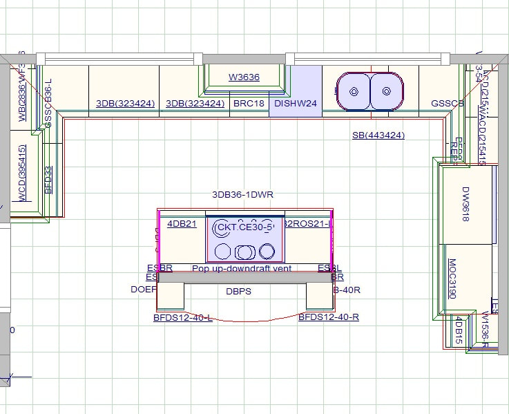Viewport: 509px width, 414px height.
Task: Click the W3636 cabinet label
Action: click(x=244, y=77)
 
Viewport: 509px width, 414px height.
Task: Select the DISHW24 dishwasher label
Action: click(x=295, y=104)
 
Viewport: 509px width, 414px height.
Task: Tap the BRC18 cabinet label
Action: click(x=249, y=104)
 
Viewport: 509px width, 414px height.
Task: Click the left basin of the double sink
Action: click(x=354, y=91)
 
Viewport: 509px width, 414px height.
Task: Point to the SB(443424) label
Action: click(x=378, y=135)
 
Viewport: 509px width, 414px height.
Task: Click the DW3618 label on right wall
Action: click(x=465, y=204)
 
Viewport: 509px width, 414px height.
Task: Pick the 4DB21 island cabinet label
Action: click(x=182, y=224)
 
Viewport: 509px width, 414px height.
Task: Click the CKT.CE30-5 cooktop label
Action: click(x=244, y=227)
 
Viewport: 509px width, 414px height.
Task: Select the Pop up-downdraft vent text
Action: click(x=242, y=268)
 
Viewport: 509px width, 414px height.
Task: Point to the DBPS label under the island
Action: click(x=238, y=292)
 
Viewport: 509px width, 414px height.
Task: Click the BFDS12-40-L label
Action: click(x=182, y=318)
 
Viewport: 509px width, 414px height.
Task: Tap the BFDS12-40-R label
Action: click(x=328, y=318)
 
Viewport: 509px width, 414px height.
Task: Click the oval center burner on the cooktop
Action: click(x=244, y=251)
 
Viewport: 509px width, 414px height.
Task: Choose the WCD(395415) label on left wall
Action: click(x=22, y=173)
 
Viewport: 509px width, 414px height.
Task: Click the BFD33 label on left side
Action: click(x=48, y=179)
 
